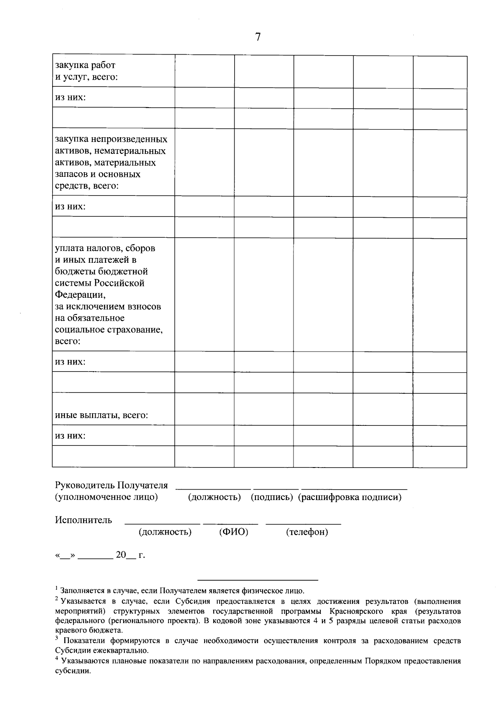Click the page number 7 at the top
[x=258, y=38]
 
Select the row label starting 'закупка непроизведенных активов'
[x=111, y=162]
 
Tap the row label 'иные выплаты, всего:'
[x=101, y=415]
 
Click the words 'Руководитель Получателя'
[x=111, y=485]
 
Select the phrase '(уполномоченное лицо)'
[x=106, y=497]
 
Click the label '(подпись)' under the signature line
[x=272, y=498]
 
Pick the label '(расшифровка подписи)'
[x=350, y=498]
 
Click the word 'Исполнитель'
[x=83, y=520]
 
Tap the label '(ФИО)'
[x=234, y=532]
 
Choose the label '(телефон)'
[x=307, y=532]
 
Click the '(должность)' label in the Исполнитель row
[x=165, y=532]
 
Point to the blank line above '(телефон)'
[x=304, y=523]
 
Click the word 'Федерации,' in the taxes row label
[x=80, y=295]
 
